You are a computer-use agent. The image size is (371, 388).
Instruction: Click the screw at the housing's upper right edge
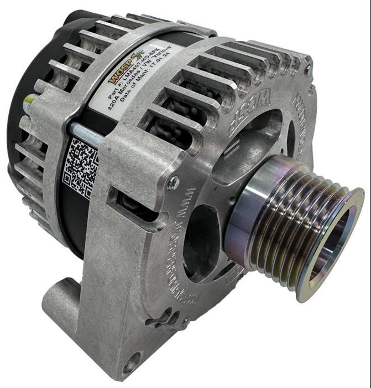pos(308,69)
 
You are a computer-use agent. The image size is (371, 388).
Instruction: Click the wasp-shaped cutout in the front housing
pos(164,316)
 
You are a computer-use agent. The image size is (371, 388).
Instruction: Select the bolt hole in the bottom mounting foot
pos(129,366)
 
